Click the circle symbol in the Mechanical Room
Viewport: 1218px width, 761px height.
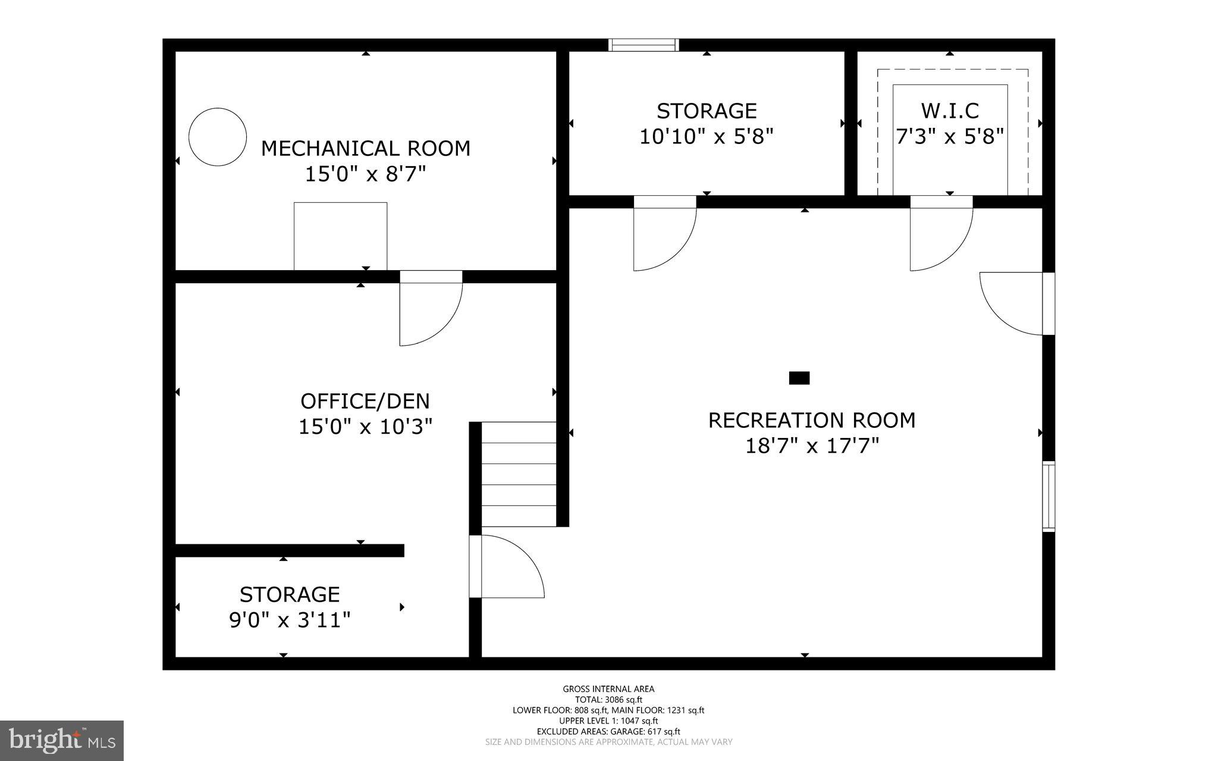[x=218, y=137]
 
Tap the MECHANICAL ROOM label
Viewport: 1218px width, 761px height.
[x=365, y=148]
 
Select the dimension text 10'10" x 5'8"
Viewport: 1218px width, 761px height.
[x=706, y=137]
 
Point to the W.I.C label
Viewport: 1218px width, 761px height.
[x=950, y=111]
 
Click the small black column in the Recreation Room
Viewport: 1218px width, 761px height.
[x=799, y=378]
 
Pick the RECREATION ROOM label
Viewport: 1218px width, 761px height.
[x=811, y=420]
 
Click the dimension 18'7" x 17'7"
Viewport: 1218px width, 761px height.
[x=812, y=446]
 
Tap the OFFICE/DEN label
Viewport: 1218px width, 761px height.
[x=365, y=401]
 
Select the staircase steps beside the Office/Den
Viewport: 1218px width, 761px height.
[x=518, y=474]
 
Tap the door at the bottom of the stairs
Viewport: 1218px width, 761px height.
[x=506, y=566]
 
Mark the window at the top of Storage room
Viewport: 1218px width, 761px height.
[x=643, y=45]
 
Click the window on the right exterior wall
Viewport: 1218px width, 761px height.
[x=1049, y=496]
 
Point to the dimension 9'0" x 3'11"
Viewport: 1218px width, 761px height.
[x=290, y=621]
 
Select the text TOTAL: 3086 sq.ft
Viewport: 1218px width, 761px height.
[x=608, y=700]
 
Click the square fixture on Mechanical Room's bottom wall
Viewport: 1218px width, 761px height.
[x=340, y=236]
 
